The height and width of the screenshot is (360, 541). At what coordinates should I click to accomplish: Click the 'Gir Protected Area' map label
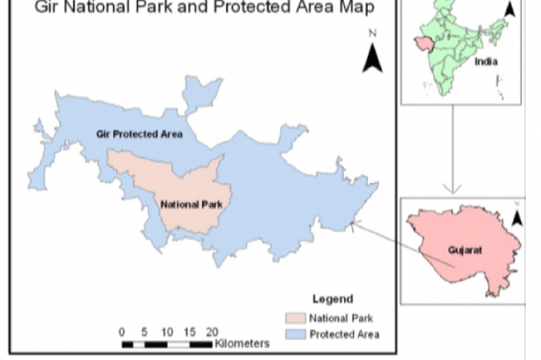coord(139,134)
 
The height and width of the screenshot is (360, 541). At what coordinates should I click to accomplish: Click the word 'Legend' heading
coord(333,299)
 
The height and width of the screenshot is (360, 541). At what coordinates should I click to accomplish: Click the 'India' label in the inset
coord(486,61)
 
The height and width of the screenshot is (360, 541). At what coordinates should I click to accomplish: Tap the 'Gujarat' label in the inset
coord(465,250)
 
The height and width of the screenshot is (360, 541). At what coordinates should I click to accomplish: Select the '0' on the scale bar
coord(122,332)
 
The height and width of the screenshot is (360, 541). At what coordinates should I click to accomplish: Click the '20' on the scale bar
coord(211,332)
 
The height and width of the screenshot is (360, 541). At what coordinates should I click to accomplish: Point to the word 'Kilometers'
coord(242,343)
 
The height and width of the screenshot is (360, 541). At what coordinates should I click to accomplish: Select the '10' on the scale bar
coord(167,332)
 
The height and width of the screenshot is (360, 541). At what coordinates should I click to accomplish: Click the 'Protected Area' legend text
coord(344,334)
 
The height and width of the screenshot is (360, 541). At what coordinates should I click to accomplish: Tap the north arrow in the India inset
coord(510,9)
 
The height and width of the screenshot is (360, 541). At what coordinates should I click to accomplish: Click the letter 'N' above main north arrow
coord(372,33)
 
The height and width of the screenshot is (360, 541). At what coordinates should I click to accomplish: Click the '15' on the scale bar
coord(190,332)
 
